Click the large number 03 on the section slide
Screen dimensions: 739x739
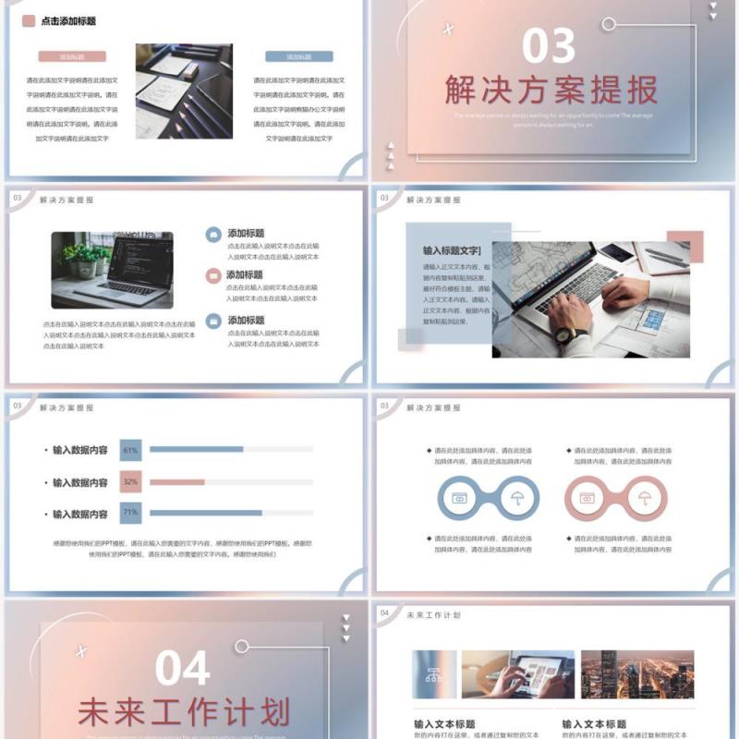click(548, 46)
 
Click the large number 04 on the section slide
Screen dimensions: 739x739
click(182, 668)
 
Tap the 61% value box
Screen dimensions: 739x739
click(130, 450)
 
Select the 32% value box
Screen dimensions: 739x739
click(130, 481)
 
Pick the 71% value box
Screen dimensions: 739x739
click(130, 513)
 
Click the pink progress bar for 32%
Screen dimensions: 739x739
click(176, 481)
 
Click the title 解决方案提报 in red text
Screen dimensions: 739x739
click(551, 90)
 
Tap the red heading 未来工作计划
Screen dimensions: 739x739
click(184, 712)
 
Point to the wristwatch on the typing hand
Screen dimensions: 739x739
click(572, 333)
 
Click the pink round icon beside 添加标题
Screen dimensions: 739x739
click(213, 275)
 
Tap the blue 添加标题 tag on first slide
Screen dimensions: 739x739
click(298, 56)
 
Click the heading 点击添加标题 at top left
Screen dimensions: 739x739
click(68, 20)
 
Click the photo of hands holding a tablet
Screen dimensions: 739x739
click(518, 674)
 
